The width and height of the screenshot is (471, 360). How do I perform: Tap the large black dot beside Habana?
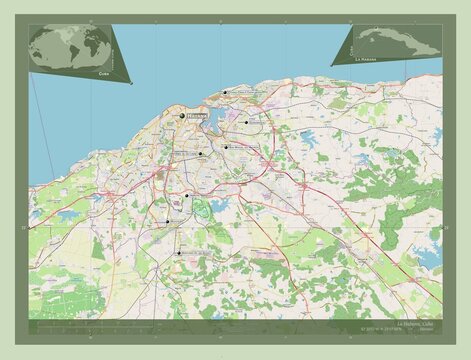pos(182,116)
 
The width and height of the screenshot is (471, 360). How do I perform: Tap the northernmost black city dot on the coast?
pos(226,93)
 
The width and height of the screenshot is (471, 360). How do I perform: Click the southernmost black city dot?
pos(179,255)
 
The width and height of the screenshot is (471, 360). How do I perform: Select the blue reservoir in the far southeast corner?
pos(428,257)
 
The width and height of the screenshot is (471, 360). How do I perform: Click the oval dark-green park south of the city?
pos(200,208)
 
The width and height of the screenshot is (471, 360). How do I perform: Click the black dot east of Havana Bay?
pos(244,122)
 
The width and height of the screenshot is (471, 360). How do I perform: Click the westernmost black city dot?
pos(167,222)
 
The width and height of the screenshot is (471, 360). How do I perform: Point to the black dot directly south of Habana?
pos(186,197)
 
